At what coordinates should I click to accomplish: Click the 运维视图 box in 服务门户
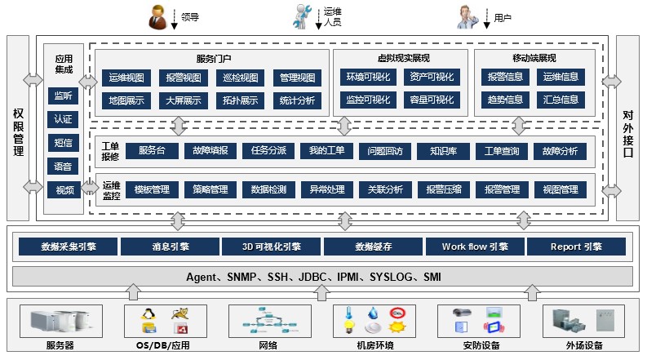(x=126, y=78)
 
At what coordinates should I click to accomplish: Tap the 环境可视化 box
(x=366, y=78)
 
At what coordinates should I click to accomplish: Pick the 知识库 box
(x=435, y=151)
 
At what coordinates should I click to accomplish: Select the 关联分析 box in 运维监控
(x=380, y=189)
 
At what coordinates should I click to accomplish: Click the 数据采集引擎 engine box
(x=68, y=247)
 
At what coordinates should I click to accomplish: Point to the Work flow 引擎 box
(x=475, y=247)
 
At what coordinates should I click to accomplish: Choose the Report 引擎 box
(x=577, y=247)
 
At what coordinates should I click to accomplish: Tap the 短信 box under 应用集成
(x=63, y=144)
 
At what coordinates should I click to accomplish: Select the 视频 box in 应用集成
(x=63, y=190)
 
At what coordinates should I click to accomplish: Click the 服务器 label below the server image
(x=60, y=346)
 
